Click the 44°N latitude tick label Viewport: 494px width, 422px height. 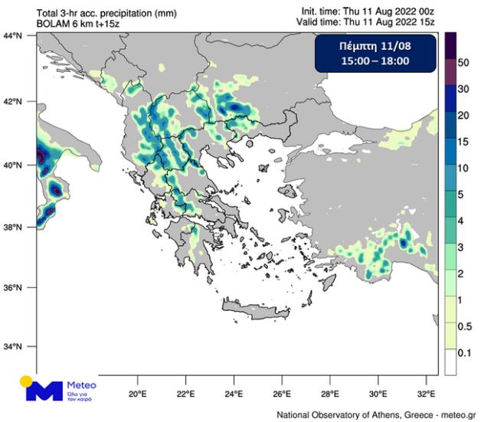coord(12,36)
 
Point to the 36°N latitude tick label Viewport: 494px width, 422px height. coord(12,288)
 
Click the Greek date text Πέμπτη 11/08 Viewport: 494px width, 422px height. coord(375,47)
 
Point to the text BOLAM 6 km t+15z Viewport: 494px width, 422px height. coord(78,24)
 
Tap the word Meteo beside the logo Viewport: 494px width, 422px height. coord(83,385)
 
